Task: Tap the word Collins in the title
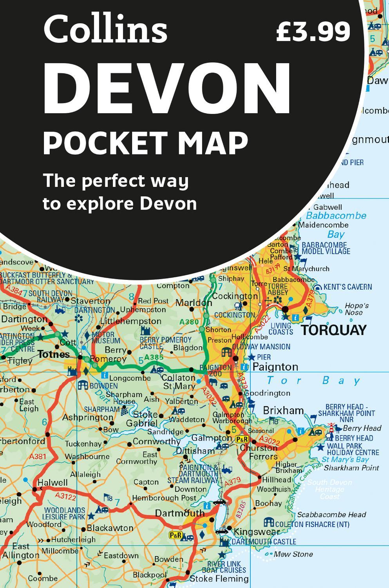point(105,30)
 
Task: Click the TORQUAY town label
point(334,330)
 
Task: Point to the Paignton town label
point(275,367)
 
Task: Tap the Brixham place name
point(283,410)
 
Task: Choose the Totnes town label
point(54,354)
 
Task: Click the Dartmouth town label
point(180,513)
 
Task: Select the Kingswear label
point(256,532)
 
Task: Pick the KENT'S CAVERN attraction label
point(348,287)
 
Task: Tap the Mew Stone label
point(293,554)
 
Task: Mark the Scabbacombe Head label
point(331,515)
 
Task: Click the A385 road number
point(153,357)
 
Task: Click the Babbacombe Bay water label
point(336,225)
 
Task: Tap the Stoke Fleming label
point(219,579)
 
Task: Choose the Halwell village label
point(52,483)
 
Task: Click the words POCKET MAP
point(145,143)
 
